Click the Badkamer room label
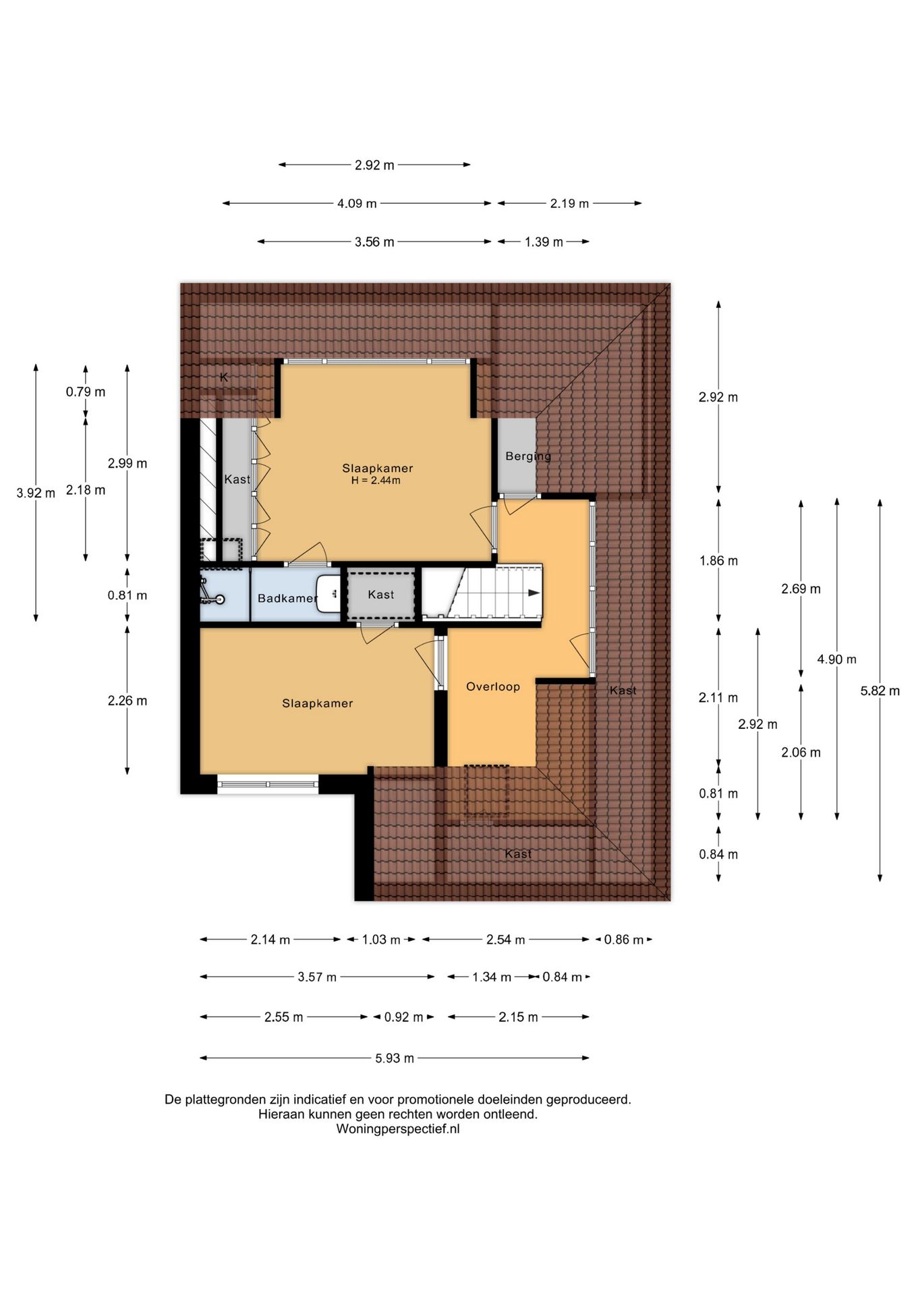[287, 598]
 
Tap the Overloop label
[493, 686]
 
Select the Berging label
[528, 456]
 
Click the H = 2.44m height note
[376, 481]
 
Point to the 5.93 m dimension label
[395, 1058]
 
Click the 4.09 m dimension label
[357, 203]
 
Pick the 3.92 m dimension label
[36, 493]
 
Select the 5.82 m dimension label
[880, 691]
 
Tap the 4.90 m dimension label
[836, 659]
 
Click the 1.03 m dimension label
[381, 939]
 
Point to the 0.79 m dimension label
[86, 391]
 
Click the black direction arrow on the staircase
[534, 593]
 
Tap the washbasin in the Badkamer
[328, 594]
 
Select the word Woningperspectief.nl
[398, 1129]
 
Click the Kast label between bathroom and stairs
[381, 595]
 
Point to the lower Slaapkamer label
[318, 703]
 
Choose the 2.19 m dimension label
[569, 203]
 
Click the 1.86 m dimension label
[718, 560]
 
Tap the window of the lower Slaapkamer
[268, 784]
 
